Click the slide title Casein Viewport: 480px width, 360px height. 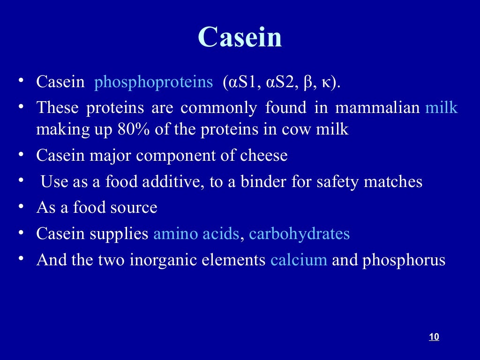click(x=240, y=37)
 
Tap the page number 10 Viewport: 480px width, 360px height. click(x=434, y=337)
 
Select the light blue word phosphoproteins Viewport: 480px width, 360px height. click(x=153, y=82)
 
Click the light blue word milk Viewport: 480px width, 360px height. click(x=441, y=108)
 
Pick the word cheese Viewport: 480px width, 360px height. click(x=263, y=156)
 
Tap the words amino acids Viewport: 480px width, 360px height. click(x=196, y=233)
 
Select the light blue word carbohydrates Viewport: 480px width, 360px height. click(x=300, y=233)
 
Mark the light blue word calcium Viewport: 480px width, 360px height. click(x=299, y=260)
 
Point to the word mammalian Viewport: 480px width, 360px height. click(x=377, y=108)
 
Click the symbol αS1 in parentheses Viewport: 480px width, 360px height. click(x=244, y=82)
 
